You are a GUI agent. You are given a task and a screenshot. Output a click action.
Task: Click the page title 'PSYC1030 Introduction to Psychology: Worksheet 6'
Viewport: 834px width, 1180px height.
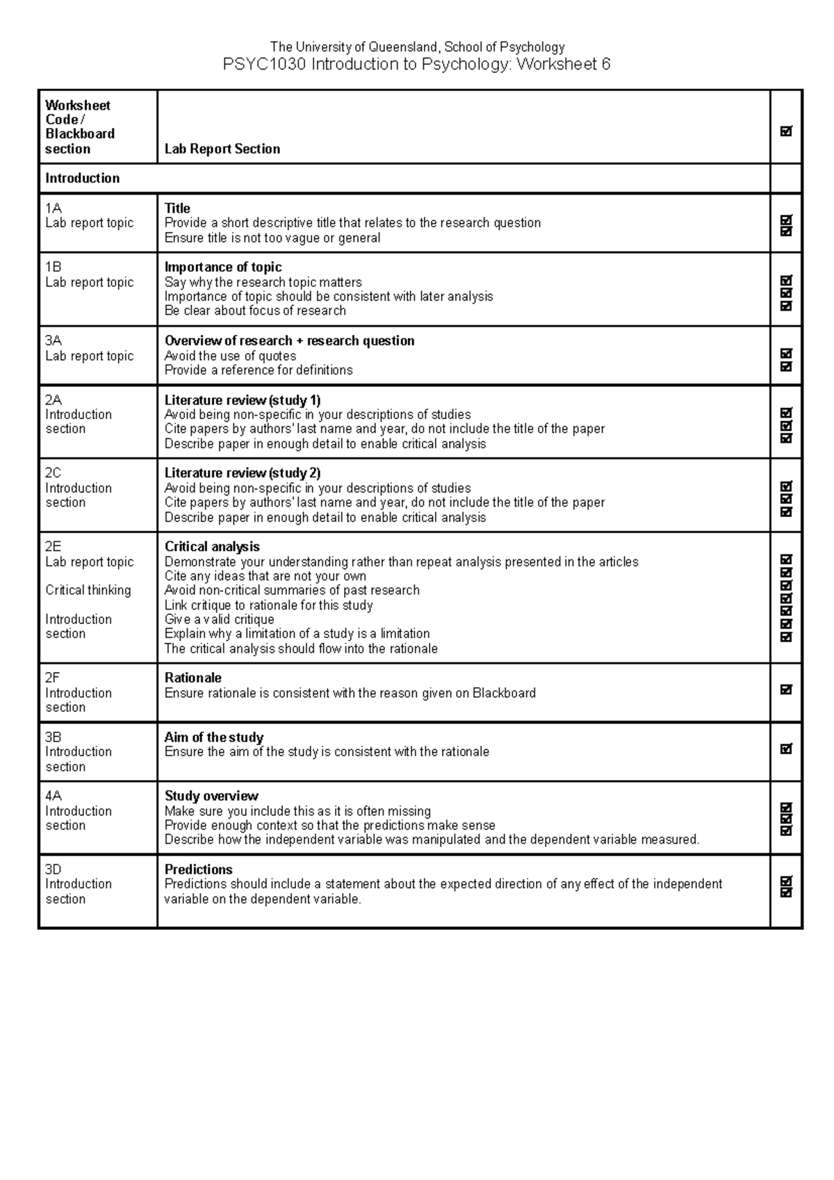pyautogui.click(x=416, y=65)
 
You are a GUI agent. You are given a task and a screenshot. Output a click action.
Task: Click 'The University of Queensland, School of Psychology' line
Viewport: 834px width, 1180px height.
pyautogui.click(x=417, y=47)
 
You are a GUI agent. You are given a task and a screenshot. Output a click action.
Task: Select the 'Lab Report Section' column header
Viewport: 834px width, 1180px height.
pyautogui.click(x=222, y=149)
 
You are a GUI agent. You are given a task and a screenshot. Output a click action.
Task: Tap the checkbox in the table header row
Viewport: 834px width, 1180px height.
pyautogui.click(x=786, y=131)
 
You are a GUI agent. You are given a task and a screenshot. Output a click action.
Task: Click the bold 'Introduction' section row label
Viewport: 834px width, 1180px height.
pyautogui.click(x=82, y=178)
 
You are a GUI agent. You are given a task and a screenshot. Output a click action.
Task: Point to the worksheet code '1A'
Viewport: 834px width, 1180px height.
pyautogui.click(x=54, y=208)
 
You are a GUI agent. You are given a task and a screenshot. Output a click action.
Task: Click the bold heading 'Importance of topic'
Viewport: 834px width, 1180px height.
pyautogui.click(x=222, y=267)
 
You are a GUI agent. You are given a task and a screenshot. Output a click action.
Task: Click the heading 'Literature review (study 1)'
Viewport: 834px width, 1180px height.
pyautogui.click(x=242, y=400)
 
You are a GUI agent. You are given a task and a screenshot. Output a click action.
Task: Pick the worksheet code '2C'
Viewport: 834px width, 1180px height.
pyautogui.click(x=54, y=473)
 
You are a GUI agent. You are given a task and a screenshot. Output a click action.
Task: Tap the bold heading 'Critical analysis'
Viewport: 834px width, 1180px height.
pyautogui.click(x=212, y=547)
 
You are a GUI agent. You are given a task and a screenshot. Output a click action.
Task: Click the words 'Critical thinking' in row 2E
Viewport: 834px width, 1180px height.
pyautogui.click(x=88, y=590)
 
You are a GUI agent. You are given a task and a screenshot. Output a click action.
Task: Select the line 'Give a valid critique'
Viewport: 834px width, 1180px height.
pyautogui.click(x=219, y=619)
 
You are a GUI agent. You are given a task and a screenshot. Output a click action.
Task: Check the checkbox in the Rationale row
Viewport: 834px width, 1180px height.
pyautogui.click(x=786, y=690)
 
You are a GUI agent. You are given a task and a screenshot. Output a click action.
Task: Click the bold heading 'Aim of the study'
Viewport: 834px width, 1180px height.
pyautogui.click(x=213, y=737)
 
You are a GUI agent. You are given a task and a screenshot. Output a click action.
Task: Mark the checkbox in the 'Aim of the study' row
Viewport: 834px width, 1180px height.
pyautogui.click(x=786, y=749)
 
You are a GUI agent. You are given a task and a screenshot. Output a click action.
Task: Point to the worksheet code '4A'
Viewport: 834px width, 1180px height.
pyautogui.click(x=54, y=796)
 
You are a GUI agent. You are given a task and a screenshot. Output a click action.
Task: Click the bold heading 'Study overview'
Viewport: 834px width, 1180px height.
pyautogui.click(x=211, y=796)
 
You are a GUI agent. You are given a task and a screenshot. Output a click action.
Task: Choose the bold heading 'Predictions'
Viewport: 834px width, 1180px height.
pyautogui.click(x=198, y=869)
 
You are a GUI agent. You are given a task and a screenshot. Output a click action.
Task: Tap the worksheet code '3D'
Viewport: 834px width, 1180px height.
pyautogui.click(x=54, y=869)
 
